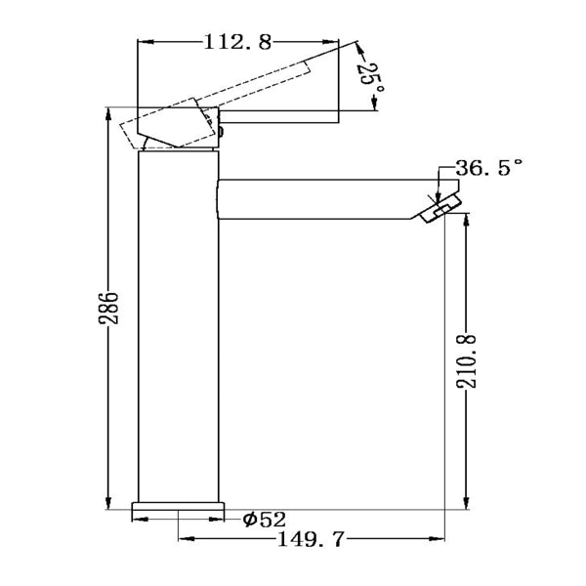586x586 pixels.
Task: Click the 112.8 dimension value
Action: (x=237, y=41)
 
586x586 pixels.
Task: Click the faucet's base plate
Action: (x=179, y=509)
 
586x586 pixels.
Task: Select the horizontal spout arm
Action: (x=322, y=199)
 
